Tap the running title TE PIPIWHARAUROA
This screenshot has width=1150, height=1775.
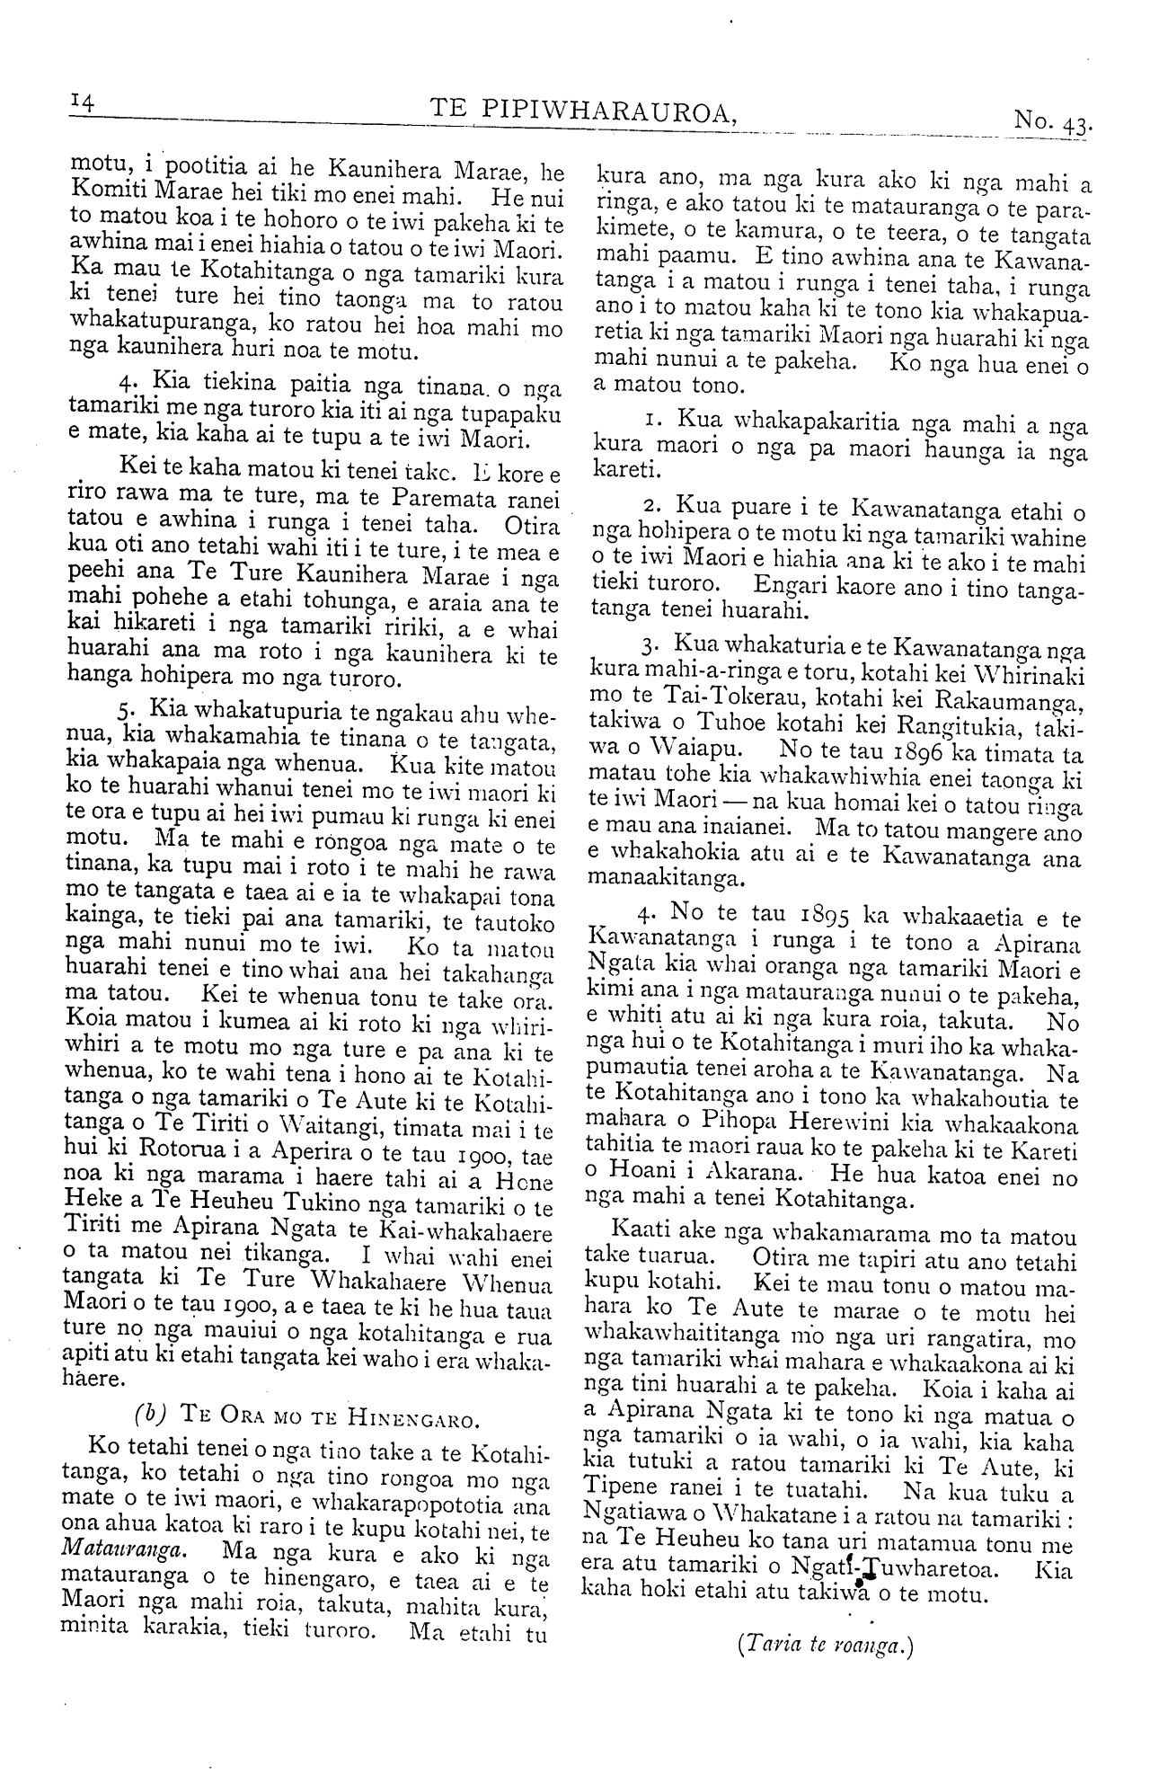tap(585, 111)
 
